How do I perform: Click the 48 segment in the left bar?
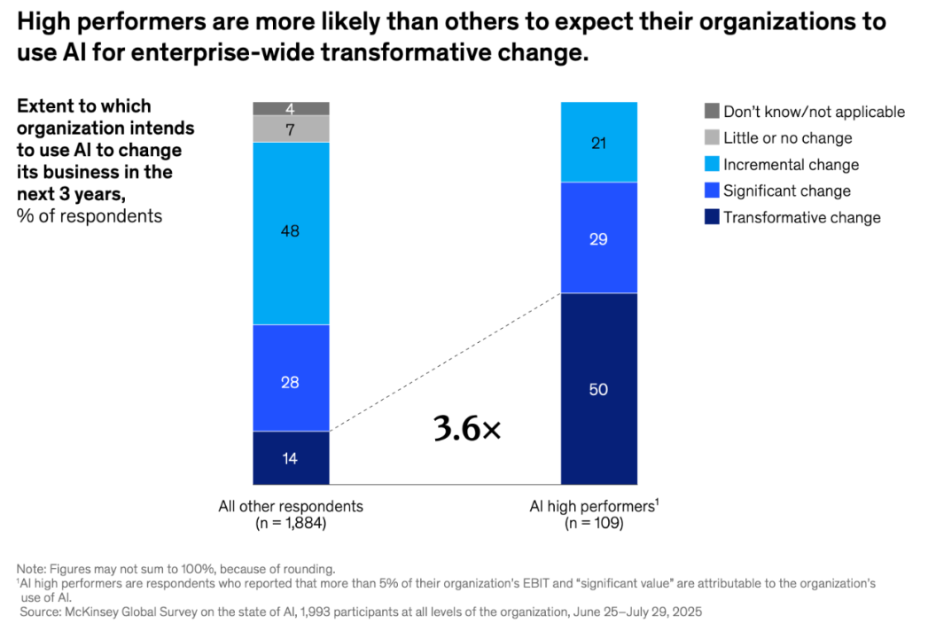click(291, 232)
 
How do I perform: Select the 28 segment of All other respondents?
click(291, 378)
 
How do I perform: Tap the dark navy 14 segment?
click(291, 457)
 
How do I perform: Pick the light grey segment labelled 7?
click(291, 129)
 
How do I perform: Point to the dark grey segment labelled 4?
click(291, 109)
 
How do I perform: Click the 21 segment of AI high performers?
click(598, 142)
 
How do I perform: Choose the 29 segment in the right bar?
click(598, 237)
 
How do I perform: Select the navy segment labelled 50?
click(598, 388)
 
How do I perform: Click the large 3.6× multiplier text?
click(467, 429)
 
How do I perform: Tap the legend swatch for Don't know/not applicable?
click(713, 112)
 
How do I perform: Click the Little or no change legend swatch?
click(713, 138)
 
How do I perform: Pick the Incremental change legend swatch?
click(713, 165)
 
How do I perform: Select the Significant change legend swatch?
click(713, 191)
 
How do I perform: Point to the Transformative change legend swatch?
click(713, 217)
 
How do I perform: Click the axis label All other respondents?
click(291, 507)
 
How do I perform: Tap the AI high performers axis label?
click(593, 507)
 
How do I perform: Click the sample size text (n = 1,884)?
click(291, 524)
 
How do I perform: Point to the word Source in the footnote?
click(41, 612)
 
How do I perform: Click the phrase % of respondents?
click(90, 216)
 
